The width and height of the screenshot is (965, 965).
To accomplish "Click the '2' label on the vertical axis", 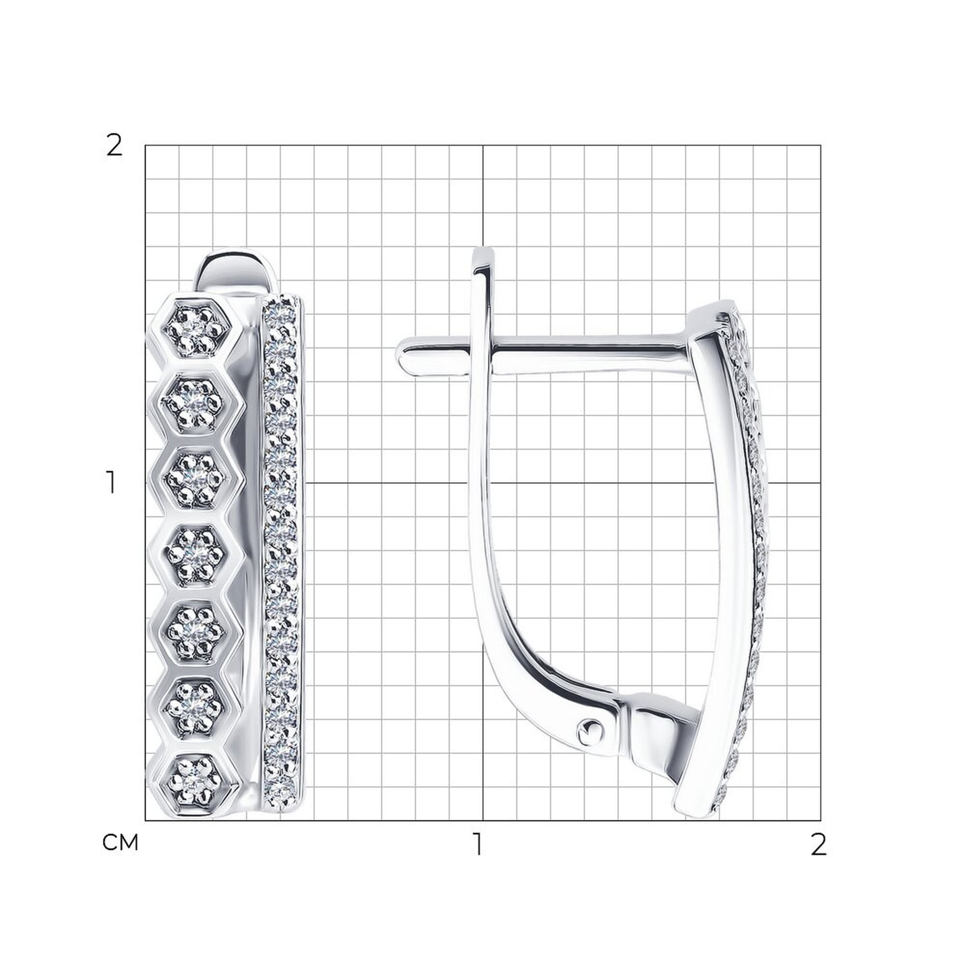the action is click(114, 146).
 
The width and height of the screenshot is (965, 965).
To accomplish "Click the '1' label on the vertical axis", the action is click(111, 482).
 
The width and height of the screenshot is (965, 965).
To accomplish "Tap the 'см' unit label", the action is click(120, 842).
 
